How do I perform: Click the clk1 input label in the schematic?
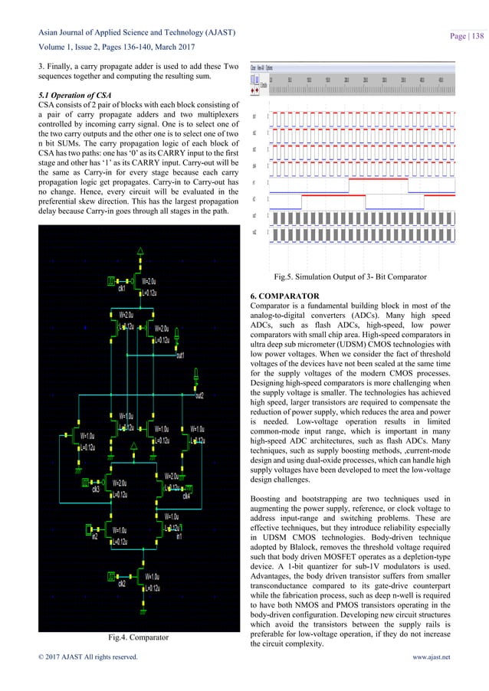coord(120,288)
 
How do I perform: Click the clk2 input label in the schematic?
coord(121,604)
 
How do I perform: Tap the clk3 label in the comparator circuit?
coord(95,489)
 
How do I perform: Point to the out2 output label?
coord(199,395)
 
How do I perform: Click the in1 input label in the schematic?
coord(179,536)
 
